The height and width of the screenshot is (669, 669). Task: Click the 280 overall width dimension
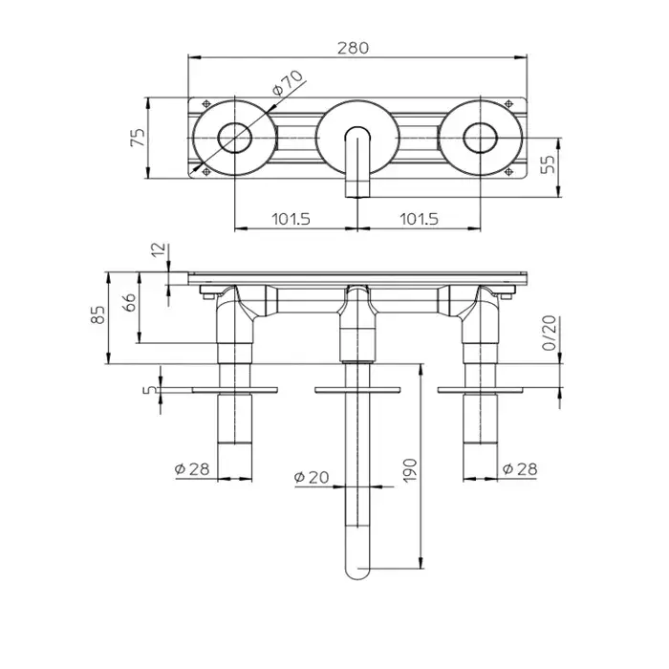[353, 48]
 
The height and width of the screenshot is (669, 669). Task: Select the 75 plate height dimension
[138, 137]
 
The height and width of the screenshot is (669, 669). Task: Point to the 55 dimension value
[548, 163]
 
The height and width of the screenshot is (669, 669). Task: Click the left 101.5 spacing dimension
[291, 219]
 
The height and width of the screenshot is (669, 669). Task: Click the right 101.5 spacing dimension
[419, 219]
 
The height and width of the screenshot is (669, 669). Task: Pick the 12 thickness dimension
[158, 249]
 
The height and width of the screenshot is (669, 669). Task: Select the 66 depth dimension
[131, 302]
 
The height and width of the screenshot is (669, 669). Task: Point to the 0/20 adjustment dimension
[550, 333]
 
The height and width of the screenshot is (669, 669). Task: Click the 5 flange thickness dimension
[149, 389]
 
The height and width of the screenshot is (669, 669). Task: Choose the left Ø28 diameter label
[192, 469]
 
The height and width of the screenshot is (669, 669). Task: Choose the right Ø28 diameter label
[520, 469]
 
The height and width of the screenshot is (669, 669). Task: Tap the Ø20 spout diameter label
[312, 477]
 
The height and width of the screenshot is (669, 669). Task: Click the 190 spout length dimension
[410, 470]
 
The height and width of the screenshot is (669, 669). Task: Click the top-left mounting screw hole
[206, 103]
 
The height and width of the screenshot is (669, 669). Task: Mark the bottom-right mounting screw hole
[508, 172]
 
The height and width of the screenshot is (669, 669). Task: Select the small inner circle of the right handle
[481, 138]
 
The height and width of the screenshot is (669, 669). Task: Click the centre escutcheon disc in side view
[357, 390]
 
